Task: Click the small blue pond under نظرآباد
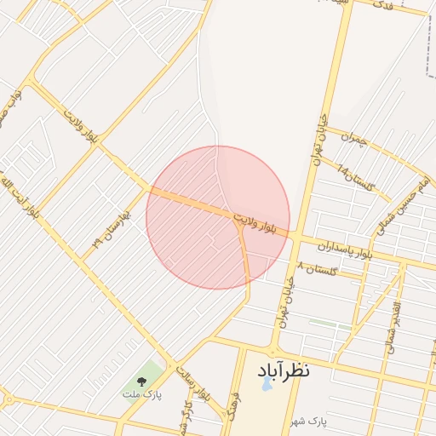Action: (x=267, y=385)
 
